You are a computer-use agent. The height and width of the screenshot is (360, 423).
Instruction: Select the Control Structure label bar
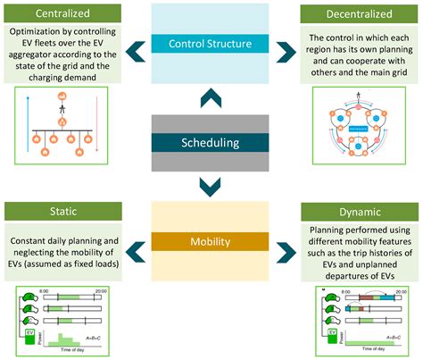(211, 42)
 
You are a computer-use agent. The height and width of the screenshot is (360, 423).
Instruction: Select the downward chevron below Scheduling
(211, 185)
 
